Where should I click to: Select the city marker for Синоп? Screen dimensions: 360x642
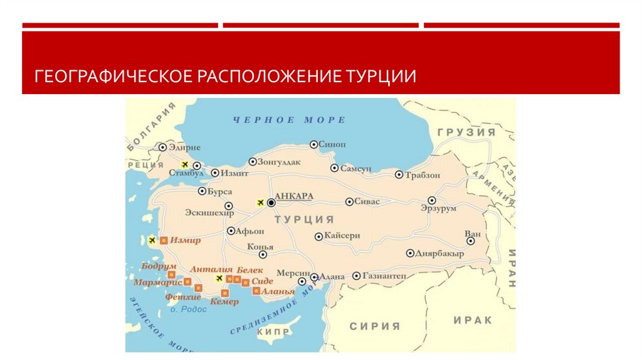[x=313, y=144]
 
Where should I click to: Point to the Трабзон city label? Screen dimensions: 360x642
[x=423, y=175]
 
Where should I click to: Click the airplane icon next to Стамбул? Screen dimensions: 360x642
[x=184, y=164]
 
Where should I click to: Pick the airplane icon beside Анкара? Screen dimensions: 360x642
[x=260, y=203]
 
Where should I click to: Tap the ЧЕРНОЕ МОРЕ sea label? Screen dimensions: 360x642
[x=289, y=120]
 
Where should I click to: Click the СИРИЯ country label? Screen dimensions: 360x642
[x=374, y=326]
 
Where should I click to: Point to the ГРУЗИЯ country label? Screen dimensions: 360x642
[x=466, y=133]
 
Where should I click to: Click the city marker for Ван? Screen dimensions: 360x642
[x=470, y=240]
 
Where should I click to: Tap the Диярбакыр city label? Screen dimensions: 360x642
[x=439, y=253]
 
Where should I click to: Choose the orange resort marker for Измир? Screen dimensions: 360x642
[x=164, y=240]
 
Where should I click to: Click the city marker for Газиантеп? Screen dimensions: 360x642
[x=356, y=275]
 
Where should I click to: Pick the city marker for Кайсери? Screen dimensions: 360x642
[x=318, y=236]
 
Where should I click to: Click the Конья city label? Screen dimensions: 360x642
[x=260, y=246]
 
